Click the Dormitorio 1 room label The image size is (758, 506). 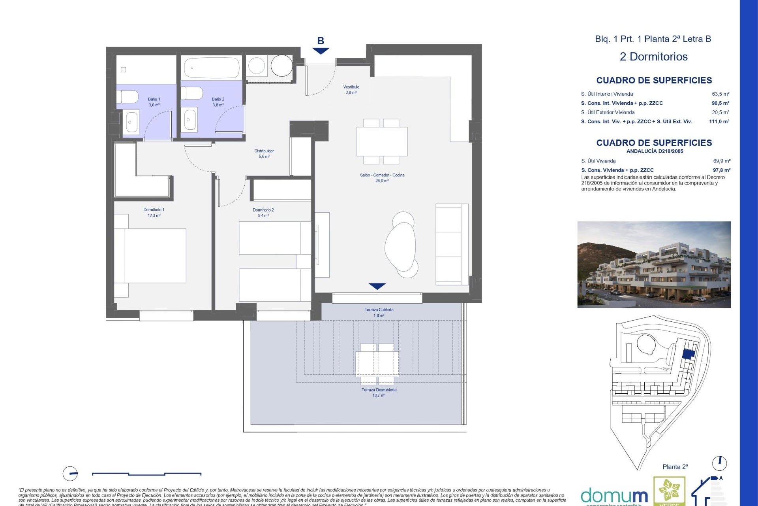pyautogui.click(x=154, y=213)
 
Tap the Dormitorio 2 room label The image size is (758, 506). pyautogui.click(x=263, y=213)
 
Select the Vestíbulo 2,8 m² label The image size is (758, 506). pyautogui.click(x=351, y=90)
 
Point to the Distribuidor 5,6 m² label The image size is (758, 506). pyautogui.click(x=264, y=154)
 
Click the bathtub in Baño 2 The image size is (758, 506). pyautogui.click(x=212, y=68)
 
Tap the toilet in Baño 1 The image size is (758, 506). pyautogui.click(x=128, y=97)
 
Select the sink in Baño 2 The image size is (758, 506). pyautogui.click(x=191, y=120)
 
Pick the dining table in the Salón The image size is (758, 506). pyautogui.click(x=382, y=142)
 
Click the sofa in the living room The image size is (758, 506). pyautogui.click(x=452, y=244)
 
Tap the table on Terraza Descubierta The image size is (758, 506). pyautogui.click(x=377, y=364)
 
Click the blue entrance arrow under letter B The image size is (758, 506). pyautogui.click(x=321, y=51)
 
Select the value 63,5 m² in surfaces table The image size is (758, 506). pyautogui.click(x=720, y=94)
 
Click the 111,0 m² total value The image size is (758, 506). pyautogui.click(x=719, y=122)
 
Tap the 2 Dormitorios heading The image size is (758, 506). pyautogui.click(x=653, y=57)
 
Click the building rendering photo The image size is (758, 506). pyautogui.click(x=654, y=264)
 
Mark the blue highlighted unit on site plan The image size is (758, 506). pyautogui.click(x=689, y=355)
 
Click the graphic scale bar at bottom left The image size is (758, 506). pyautogui.click(x=146, y=474)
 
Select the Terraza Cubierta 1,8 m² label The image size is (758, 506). pyautogui.click(x=379, y=312)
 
